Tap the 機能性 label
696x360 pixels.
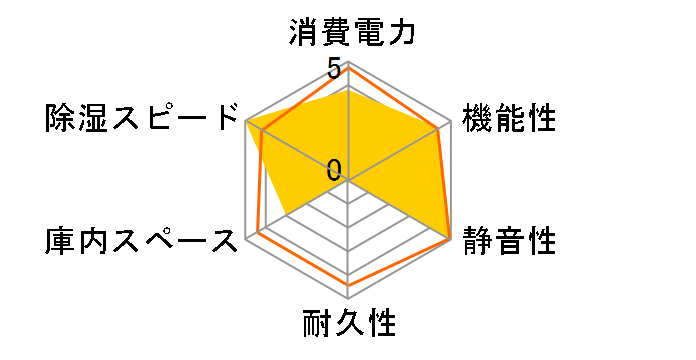point(509,118)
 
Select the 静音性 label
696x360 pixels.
point(509,241)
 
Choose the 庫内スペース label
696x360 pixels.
point(142,241)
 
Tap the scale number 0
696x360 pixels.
point(334,169)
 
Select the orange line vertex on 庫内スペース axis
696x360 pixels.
point(258,232)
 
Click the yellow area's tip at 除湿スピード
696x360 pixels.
point(247,121)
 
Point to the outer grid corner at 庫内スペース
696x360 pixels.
point(247,239)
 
